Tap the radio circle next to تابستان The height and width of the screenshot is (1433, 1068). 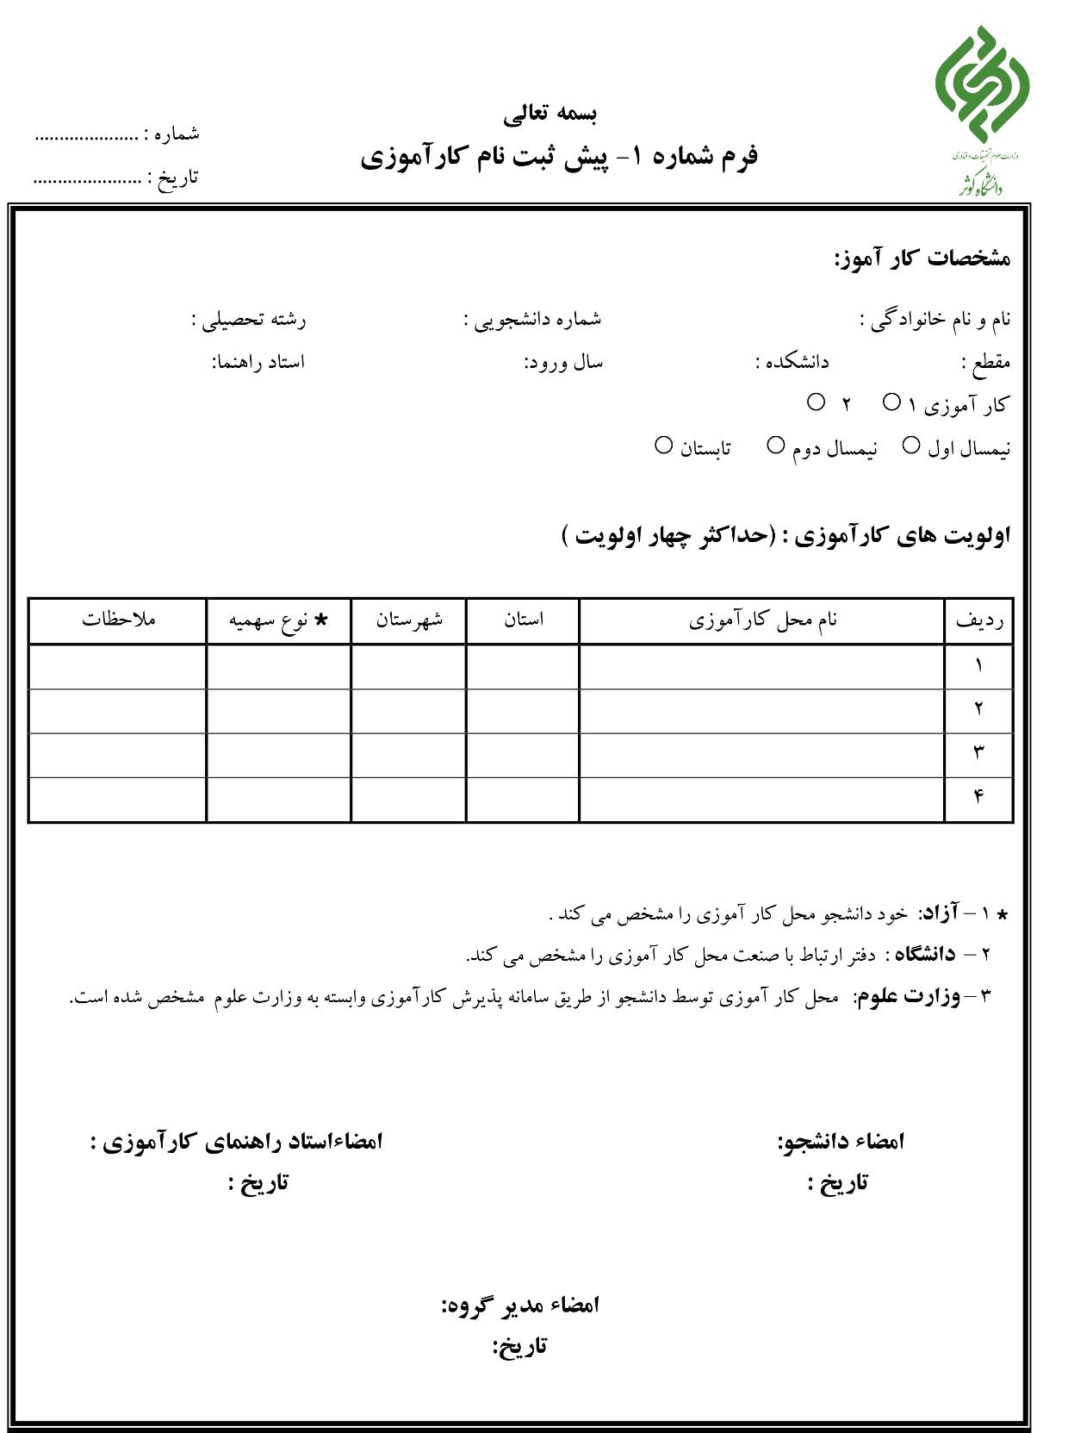(x=663, y=445)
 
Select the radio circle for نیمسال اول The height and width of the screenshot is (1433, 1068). (x=910, y=445)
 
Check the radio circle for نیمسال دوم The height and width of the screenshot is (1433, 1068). (x=775, y=445)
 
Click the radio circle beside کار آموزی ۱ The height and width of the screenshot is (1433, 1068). (x=891, y=402)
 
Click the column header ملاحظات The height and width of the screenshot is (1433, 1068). (x=119, y=619)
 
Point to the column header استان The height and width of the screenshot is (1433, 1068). (x=524, y=619)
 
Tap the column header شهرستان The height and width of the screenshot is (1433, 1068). (x=409, y=619)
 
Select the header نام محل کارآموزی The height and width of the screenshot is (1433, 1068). (x=762, y=620)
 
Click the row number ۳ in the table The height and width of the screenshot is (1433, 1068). (x=978, y=752)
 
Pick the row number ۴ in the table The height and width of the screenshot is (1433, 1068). (x=978, y=796)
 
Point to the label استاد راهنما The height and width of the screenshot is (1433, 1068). (x=258, y=362)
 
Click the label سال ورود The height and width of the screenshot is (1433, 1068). (x=564, y=363)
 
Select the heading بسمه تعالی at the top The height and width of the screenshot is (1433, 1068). (x=550, y=112)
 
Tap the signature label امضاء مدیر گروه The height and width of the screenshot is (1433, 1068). (x=520, y=1305)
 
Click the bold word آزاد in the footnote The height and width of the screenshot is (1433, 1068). (x=941, y=913)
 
